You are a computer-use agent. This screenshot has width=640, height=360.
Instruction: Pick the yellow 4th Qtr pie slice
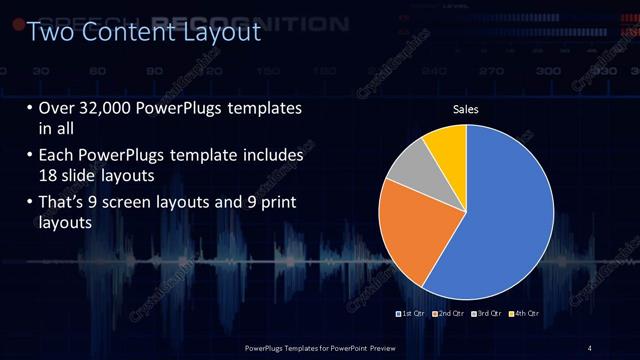(x=446, y=146)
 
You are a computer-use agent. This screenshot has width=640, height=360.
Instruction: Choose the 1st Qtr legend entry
(x=412, y=314)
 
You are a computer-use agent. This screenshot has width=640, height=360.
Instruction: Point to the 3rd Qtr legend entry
(x=487, y=314)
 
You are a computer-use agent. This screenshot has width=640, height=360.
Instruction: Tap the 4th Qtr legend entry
(x=524, y=314)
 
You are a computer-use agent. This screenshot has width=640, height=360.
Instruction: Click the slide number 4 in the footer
(x=590, y=347)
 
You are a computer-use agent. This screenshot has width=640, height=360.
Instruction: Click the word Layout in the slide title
(x=221, y=33)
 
